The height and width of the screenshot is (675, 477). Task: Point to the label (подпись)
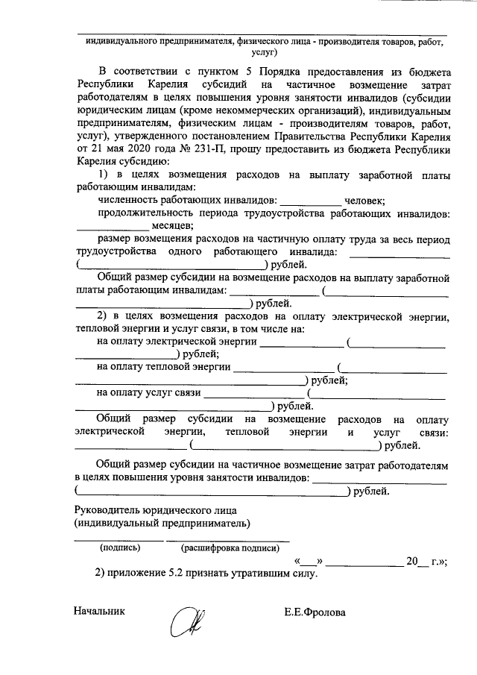click(x=120, y=547)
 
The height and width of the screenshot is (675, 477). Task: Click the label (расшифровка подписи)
click(x=225, y=547)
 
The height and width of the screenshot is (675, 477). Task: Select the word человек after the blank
click(x=364, y=200)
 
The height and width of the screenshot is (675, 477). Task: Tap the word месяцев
click(x=173, y=225)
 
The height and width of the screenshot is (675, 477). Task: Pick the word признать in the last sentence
click(x=212, y=574)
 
